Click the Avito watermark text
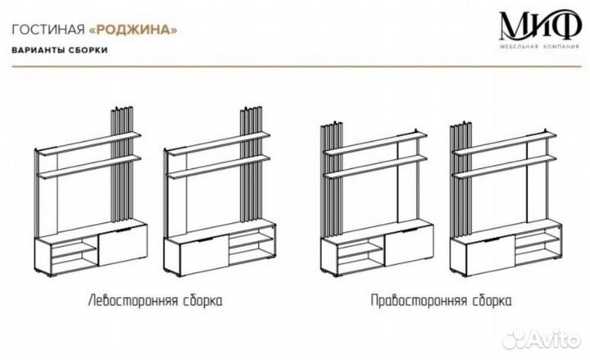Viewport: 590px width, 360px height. coord(547,338)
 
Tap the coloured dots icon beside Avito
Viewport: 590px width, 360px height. coord(509,338)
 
